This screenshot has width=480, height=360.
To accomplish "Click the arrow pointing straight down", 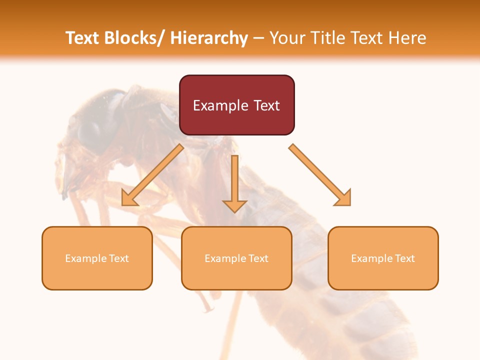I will tap(234, 185).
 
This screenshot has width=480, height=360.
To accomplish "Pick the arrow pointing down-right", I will tap(320, 175).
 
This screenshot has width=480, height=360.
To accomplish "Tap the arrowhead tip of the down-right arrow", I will tap(349, 204).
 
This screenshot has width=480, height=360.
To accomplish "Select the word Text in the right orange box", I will tap(405, 258).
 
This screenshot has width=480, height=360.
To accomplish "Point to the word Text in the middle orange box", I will tap(259, 258).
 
